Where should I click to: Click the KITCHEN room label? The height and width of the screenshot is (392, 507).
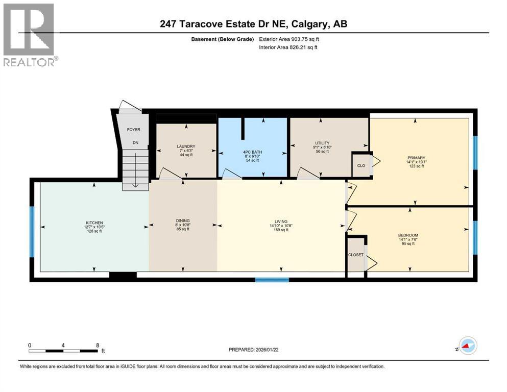tap(94, 223)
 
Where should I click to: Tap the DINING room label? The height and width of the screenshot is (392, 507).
tap(183, 221)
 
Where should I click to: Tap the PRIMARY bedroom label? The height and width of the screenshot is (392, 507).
tap(417, 158)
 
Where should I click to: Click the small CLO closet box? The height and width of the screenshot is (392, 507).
tap(361, 165)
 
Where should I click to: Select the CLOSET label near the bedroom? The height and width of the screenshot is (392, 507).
tap(356, 255)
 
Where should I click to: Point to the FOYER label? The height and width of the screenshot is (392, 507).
tap(133, 130)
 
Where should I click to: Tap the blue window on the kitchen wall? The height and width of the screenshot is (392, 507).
tap(32, 231)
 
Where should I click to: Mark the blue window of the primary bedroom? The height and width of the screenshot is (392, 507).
tap(474, 152)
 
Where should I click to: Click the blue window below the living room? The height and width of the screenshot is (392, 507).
tap(272, 279)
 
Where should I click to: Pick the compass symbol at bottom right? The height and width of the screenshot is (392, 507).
tap(465, 346)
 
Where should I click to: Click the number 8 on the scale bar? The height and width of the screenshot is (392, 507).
tap(98, 345)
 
